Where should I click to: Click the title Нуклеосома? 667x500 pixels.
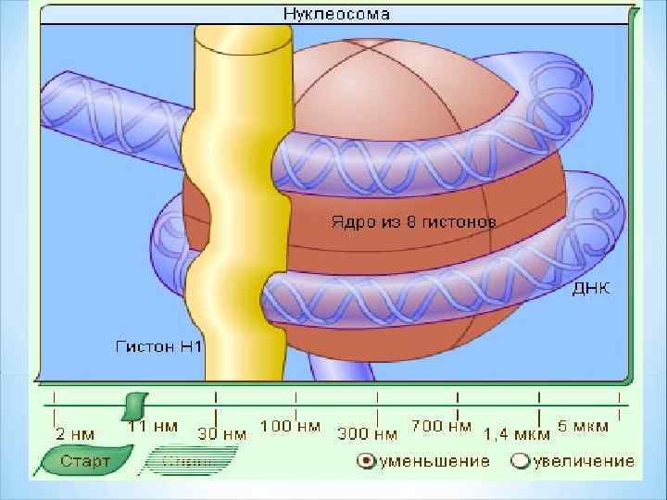coord(335,14)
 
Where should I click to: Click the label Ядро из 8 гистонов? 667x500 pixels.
coord(413,222)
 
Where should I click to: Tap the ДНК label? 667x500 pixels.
coord(591,288)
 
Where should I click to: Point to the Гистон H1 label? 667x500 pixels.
coord(158,347)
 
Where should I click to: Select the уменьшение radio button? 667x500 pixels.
coord(366,460)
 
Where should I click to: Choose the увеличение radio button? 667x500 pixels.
coord(521,460)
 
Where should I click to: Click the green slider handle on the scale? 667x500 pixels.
coord(135,405)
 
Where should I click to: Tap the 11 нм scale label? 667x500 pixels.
coord(153,427)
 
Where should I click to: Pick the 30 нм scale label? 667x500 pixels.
coord(222,432)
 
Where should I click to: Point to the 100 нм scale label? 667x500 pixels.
coord(290,427)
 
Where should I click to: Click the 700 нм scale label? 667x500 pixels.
coord(440,427)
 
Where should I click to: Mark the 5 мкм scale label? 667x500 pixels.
coord(583,427)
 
